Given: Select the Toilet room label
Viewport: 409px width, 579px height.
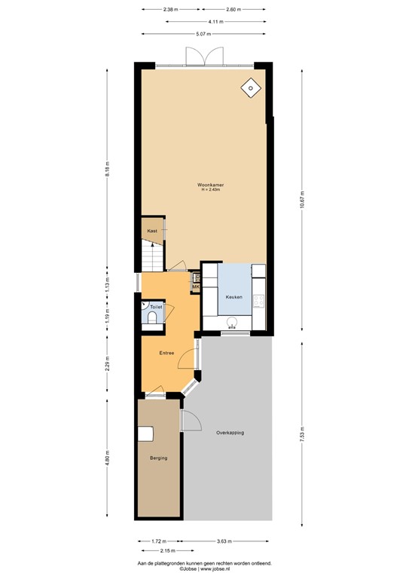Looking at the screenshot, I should coord(155,308).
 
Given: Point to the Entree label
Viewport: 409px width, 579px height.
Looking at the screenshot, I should coord(166,353).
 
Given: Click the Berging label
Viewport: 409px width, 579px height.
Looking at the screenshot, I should coord(158,458).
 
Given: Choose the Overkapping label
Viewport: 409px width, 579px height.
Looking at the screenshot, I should coord(230,432).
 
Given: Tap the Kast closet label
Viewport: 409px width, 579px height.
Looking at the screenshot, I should coord(151,230).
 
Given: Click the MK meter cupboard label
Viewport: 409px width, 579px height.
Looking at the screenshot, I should coord(195,287).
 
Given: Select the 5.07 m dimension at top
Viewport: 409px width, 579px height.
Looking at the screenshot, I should coord(203,33).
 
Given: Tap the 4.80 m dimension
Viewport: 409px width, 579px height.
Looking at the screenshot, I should coord(108,458).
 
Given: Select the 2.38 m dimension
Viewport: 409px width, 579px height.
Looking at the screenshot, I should coord(170,10).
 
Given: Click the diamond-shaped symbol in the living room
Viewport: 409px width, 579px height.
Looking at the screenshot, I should coord(249,88).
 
